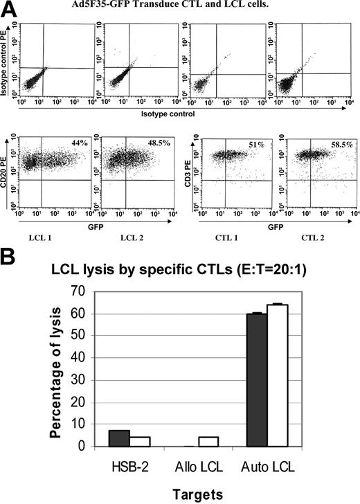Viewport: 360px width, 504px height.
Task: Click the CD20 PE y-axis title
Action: point(7,170)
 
